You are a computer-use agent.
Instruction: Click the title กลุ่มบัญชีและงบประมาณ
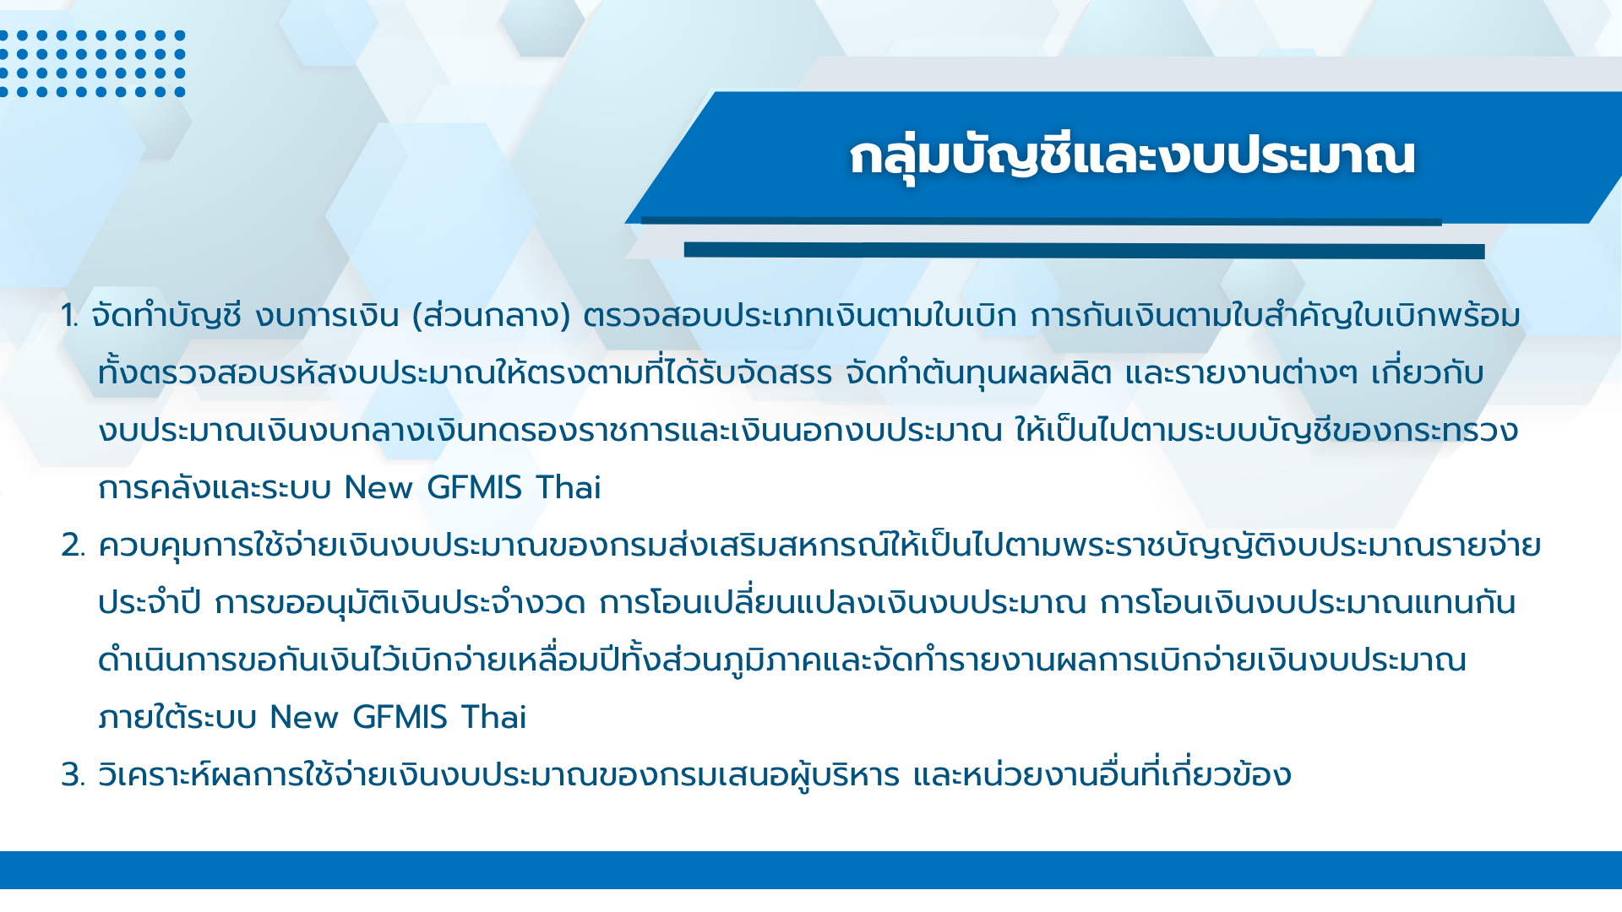click(x=1132, y=157)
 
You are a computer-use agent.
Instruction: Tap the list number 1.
click(x=69, y=317)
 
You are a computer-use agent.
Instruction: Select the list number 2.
click(x=73, y=546)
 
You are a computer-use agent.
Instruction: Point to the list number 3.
click(x=73, y=776)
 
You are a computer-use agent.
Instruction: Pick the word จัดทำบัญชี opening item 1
click(x=166, y=316)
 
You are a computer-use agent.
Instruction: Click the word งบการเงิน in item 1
click(x=327, y=317)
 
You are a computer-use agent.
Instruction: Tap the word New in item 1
click(x=378, y=488)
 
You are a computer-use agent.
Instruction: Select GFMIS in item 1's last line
click(x=474, y=488)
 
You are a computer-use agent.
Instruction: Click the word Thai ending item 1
click(x=569, y=488)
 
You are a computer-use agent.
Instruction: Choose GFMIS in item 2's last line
click(x=400, y=718)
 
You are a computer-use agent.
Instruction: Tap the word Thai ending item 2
click(x=494, y=718)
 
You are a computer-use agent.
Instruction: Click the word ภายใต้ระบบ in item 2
click(x=177, y=718)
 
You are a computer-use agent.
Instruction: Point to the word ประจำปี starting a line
click(x=150, y=603)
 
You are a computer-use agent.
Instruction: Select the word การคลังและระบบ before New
click(x=215, y=488)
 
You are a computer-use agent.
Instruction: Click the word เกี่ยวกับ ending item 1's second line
click(x=1427, y=373)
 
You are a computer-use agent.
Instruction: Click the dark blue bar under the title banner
click(x=1084, y=250)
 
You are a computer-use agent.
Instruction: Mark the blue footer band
click(x=811, y=870)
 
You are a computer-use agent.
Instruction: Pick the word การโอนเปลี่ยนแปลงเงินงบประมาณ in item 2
click(x=842, y=603)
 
